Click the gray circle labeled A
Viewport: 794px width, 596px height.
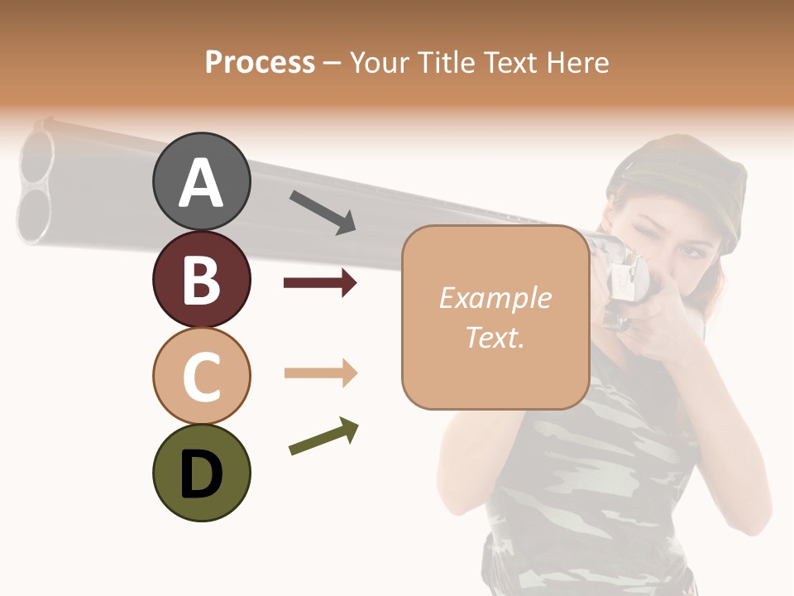point(201,182)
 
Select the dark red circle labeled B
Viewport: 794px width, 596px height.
point(201,279)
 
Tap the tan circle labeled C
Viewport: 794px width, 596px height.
point(201,376)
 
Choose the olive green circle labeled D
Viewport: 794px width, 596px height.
point(201,473)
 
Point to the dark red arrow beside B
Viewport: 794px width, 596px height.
point(320,284)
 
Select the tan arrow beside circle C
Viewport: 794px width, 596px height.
point(320,373)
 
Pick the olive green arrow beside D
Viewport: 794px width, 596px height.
point(323,436)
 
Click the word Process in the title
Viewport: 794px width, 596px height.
point(260,62)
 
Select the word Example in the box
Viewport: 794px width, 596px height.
point(495,298)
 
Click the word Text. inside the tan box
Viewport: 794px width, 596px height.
point(495,337)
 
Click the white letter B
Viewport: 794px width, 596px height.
point(201,279)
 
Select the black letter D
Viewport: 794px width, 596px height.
point(201,473)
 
